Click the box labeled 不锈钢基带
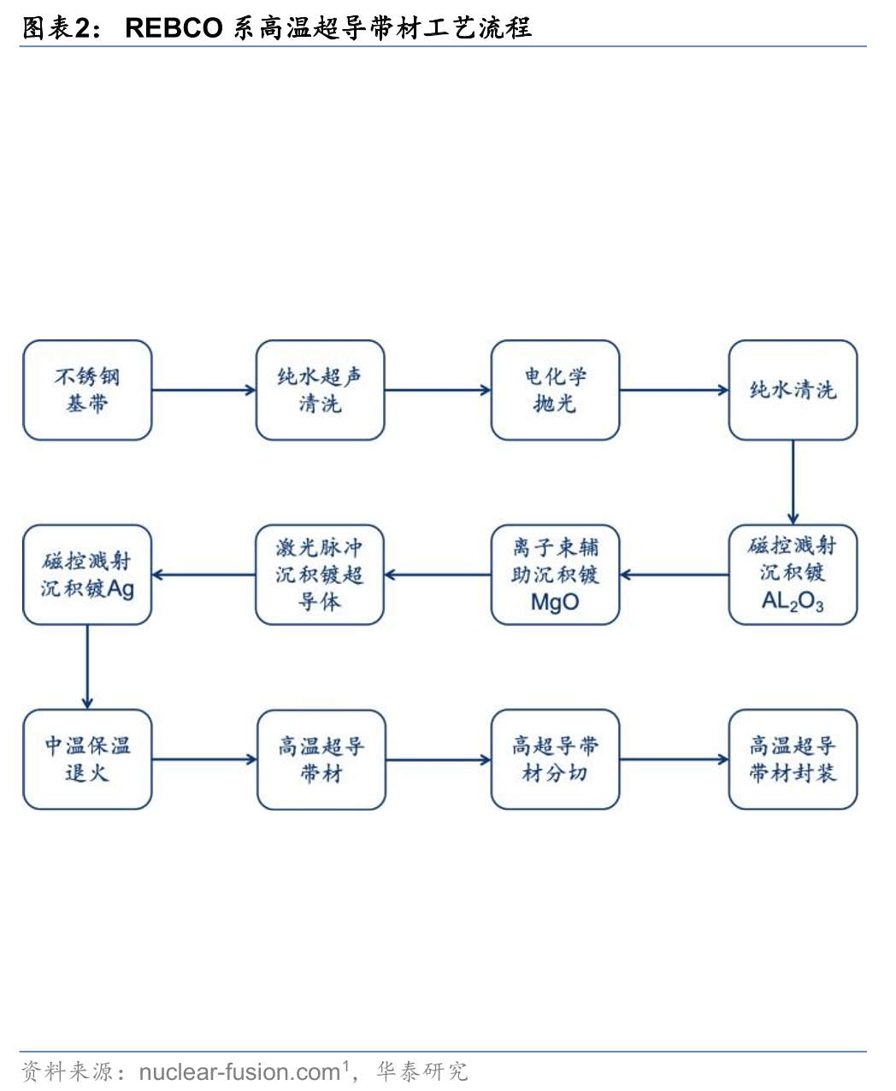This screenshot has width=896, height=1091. [x=87, y=390]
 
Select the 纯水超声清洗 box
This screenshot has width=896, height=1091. [x=321, y=390]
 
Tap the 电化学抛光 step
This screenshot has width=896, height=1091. [x=555, y=390]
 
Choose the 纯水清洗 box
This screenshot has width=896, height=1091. [x=793, y=390]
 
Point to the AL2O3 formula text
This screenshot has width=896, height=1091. [x=793, y=602]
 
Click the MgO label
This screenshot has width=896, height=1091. [x=555, y=602]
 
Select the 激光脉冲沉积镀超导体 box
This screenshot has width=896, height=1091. [x=320, y=575]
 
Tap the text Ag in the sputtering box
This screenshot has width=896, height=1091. [x=121, y=589]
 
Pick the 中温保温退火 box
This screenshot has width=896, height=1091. [x=87, y=759]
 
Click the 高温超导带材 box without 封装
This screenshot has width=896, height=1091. [x=321, y=759]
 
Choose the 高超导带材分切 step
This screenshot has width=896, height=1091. [x=555, y=759]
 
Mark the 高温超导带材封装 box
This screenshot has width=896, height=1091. [x=793, y=759]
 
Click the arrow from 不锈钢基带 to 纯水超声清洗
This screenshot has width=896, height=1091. [x=203, y=390]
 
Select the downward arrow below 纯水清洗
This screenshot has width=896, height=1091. [x=793, y=482]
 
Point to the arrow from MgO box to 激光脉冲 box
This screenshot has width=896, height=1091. [x=438, y=575]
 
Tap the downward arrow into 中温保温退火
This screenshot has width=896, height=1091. [x=87, y=667]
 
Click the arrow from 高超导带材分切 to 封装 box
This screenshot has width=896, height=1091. [x=674, y=759]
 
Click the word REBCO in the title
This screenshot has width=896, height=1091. [x=174, y=28]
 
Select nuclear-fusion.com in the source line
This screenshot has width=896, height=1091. [x=239, y=1071]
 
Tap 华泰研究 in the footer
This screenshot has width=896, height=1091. [x=422, y=1071]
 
